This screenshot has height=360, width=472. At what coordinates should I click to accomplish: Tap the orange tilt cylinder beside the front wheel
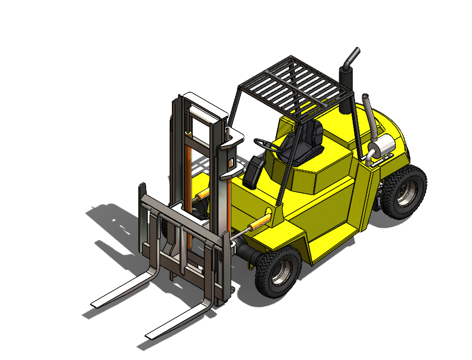tap(258, 223)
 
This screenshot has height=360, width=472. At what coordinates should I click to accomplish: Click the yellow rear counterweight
tap(392, 134)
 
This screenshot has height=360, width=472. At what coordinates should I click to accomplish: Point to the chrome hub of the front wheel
tap(283, 274)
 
